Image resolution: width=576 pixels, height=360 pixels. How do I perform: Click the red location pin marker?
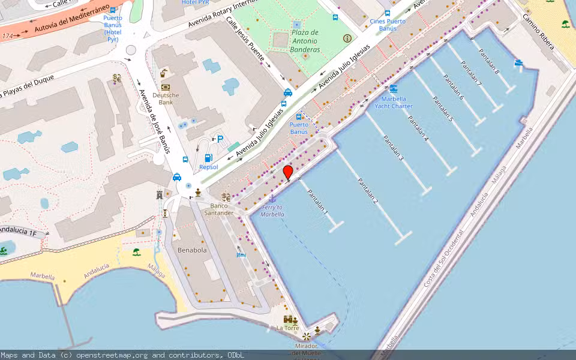coord(288,173)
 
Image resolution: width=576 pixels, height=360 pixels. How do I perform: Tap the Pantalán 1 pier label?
coord(318,202)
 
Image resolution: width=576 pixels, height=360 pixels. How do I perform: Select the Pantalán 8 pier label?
coord(489,61)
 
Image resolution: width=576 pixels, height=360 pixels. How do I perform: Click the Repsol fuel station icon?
coord(208,158)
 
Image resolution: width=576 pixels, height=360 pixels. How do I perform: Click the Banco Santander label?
coord(218,209)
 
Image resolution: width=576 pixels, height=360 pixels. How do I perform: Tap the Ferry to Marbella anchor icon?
coord(272,199)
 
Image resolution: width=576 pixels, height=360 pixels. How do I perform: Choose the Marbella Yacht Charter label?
coord(394,103)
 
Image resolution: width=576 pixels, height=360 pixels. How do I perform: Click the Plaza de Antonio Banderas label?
coord(305,41)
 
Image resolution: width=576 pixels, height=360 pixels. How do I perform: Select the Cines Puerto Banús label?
coord(388,25)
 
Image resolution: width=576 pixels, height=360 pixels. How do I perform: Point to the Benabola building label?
coord(192,250)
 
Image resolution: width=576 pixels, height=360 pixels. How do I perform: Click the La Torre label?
coord(287,328)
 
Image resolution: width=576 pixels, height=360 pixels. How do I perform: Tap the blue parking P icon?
coord(220,139)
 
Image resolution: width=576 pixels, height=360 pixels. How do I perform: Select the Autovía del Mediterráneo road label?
coord(73,18)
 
